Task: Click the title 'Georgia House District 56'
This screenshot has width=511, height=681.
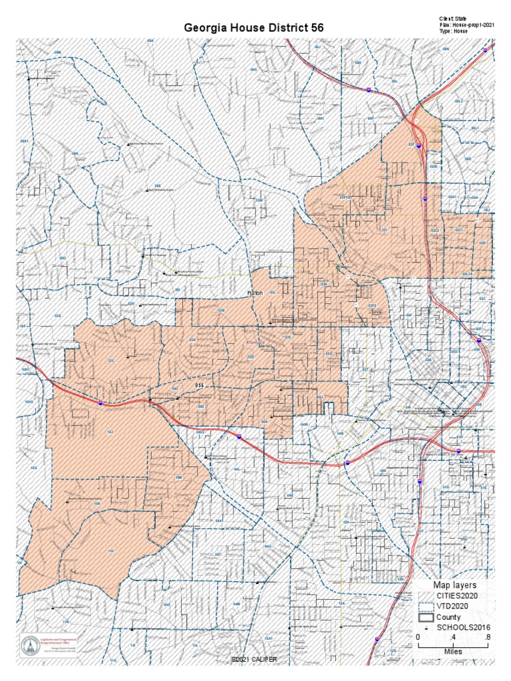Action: (x=253, y=29)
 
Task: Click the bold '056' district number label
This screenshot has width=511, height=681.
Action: (x=200, y=386)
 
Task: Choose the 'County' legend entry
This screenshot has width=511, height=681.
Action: (x=448, y=617)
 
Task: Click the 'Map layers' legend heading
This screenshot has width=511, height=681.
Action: (x=455, y=584)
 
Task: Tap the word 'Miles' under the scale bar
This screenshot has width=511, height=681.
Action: (x=453, y=651)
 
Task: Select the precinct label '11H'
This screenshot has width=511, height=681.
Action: (x=112, y=551)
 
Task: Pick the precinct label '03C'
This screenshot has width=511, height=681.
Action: (x=111, y=360)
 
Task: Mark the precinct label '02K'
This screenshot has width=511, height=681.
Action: (x=482, y=244)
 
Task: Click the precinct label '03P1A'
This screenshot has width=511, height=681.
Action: (x=345, y=198)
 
